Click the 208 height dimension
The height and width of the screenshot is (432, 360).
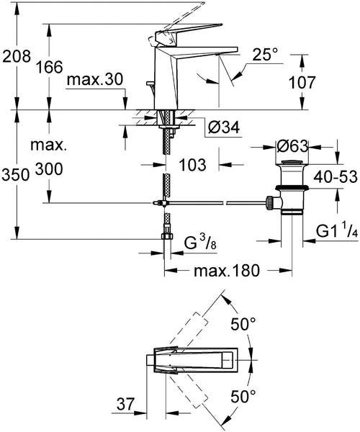tap(16, 55)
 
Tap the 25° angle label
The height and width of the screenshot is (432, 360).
tap(265, 54)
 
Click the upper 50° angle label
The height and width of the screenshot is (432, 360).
tap(243, 325)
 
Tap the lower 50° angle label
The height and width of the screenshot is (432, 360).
tap(243, 395)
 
